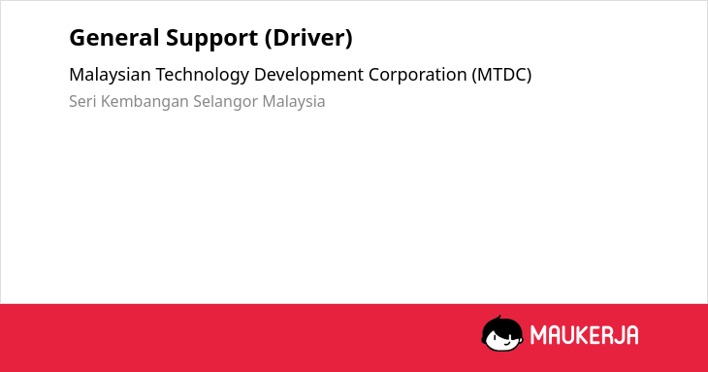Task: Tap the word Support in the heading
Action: pyautogui.click(x=211, y=39)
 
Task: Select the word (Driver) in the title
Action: pyautogui.click(x=308, y=39)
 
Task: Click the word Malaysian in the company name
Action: pyautogui.click(x=110, y=75)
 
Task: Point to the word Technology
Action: pyautogui.click(x=203, y=75)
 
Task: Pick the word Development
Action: pyautogui.click(x=308, y=75)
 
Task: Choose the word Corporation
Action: pyautogui.click(x=418, y=75)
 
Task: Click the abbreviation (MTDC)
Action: pyautogui.click(x=501, y=75)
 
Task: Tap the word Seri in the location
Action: pyautogui.click(x=82, y=101)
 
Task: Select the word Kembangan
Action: pyautogui.click(x=145, y=102)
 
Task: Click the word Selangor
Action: pyautogui.click(x=225, y=102)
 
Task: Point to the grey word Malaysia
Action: pyautogui.click(x=294, y=102)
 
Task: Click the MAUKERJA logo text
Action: pyautogui.click(x=584, y=335)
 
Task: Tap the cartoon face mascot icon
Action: pyautogui.click(x=502, y=333)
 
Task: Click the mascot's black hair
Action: pyautogui.click(x=500, y=324)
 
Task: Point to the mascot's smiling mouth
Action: pyautogui.click(x=506, y=344)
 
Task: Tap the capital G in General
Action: pyautogui.click(x=78, y=38)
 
